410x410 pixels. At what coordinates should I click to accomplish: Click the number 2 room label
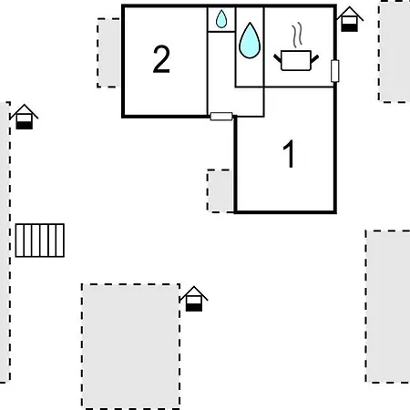(x=161, y=59)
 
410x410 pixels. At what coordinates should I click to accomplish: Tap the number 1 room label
(x=289, y=154)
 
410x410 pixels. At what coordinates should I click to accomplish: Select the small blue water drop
(x=221, y=19)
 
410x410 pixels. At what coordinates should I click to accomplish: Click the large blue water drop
(x=250, y=40)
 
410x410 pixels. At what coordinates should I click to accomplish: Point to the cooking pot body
(x=296, y=61)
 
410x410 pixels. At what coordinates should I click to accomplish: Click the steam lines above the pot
(x=297, y=35)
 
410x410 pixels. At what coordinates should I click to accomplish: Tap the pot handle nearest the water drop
(x=277, y=59)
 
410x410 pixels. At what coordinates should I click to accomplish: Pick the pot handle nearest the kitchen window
(x=314, y=59)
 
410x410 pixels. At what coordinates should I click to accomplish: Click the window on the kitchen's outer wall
(x=334, y=71)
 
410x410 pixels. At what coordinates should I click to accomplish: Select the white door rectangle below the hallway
(x=221, y=117)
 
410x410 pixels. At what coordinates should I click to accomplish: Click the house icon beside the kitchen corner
(x=350, y=19)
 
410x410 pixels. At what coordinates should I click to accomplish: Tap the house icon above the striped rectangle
(x=25, y=117)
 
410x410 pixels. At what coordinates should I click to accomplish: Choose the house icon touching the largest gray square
(x=194, y=299)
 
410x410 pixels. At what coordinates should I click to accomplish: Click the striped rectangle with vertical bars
(x=40, y=241)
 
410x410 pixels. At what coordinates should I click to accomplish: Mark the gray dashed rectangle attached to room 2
(x=108, y=53)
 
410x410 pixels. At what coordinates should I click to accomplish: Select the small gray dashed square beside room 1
(x=220, y=191)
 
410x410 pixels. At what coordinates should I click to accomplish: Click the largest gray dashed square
(x=130, y=346)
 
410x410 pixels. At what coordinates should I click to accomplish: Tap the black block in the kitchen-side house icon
(x=349, y=28)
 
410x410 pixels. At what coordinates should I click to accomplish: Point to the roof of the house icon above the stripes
(x=25, y=111)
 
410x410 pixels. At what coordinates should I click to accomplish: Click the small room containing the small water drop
(x=221, y=19)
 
